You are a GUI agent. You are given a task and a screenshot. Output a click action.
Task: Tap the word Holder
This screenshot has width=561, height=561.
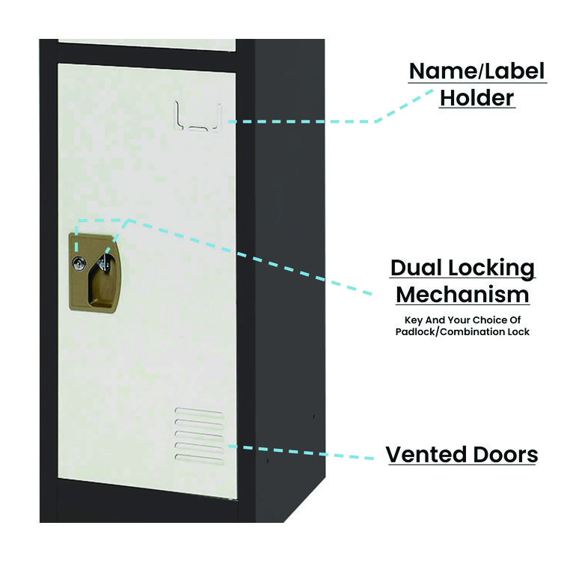tap(476, 98)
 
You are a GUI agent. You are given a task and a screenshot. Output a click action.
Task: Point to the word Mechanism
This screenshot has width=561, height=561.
tap(462, 295)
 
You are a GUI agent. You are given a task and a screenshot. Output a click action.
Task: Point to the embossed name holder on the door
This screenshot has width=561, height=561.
tap(198, 117)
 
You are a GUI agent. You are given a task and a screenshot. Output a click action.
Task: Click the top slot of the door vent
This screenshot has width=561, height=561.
tap(198, 411)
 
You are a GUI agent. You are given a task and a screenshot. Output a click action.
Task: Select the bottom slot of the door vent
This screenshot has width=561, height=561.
tap(198, 456)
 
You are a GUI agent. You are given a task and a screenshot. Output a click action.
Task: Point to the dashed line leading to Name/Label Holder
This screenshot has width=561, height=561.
tap(314, 120)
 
